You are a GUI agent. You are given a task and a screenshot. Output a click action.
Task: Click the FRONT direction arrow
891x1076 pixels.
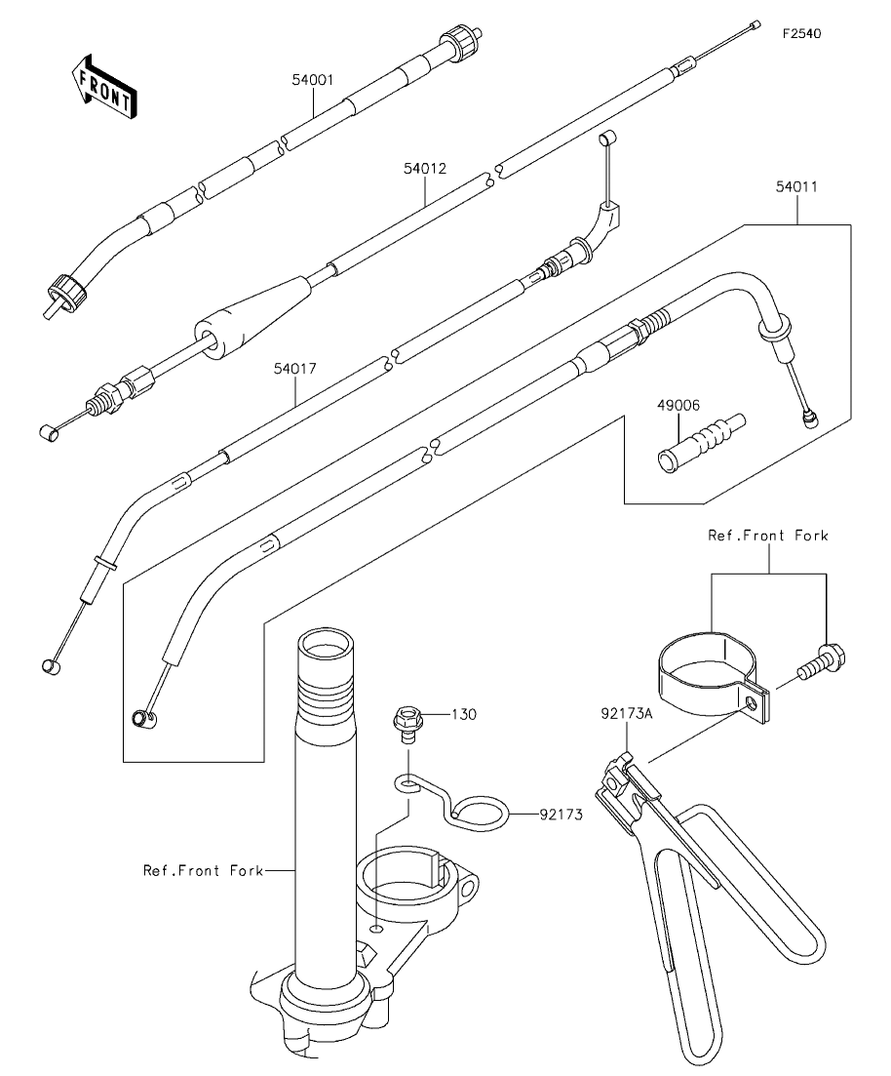(104, 85)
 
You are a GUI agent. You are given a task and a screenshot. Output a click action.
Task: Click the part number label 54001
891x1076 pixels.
(312, 80)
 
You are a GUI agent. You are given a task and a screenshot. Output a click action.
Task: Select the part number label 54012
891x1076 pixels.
(425, 168)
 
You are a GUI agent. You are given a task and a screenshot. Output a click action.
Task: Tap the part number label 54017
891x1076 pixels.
(295, 369)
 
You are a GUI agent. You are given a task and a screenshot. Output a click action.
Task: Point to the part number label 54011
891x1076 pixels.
(796, 186)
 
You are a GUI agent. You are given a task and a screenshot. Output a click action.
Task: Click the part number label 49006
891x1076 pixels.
(678, 406)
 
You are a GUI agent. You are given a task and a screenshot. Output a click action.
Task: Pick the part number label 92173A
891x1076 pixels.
(627, 714)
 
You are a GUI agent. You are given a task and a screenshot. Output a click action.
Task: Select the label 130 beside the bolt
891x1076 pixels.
(464, 714)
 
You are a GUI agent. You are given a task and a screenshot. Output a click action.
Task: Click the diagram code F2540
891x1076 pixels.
(801, 33)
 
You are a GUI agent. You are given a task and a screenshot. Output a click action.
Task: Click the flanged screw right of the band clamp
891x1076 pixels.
(823, 661)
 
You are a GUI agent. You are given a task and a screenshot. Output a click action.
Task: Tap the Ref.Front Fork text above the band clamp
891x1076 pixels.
(767, 536)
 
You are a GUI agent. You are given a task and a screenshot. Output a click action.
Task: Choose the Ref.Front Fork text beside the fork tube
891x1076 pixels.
(203, 870)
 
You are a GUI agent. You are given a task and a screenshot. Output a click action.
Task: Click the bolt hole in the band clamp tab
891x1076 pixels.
(754, 703)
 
